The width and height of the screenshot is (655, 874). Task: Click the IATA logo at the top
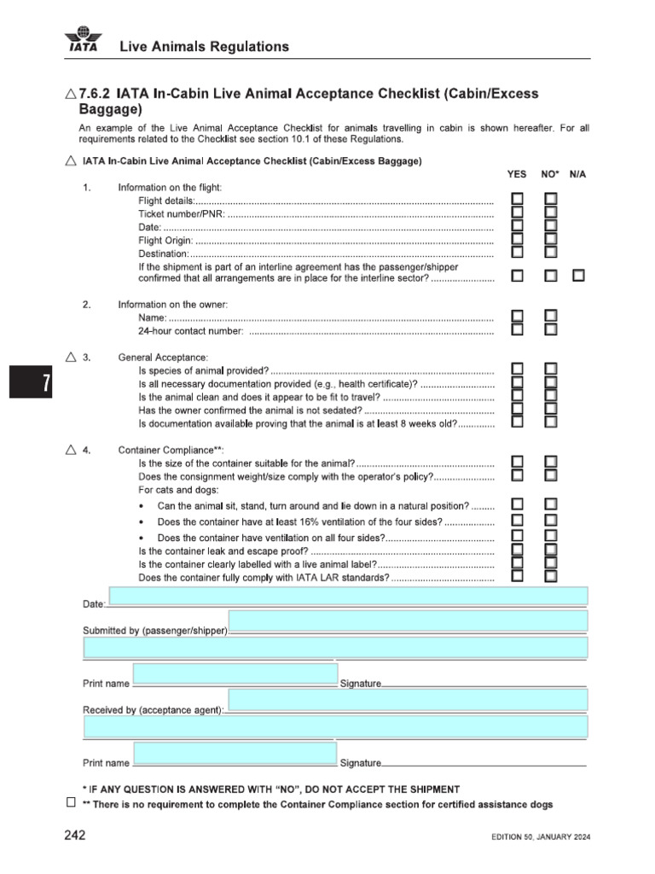[83, 41]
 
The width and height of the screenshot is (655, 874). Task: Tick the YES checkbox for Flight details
[518, 199]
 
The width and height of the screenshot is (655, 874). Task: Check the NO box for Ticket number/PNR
[551, 213]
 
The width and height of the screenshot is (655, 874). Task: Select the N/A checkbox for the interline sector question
[579, 276]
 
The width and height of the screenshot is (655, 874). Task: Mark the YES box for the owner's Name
[518, 317]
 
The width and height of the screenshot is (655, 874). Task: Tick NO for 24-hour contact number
[551, 329]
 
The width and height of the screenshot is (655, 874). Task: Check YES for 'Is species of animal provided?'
[518, 369]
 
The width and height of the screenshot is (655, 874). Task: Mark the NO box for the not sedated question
[551, 409]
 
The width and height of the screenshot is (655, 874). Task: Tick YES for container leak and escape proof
[518, 550]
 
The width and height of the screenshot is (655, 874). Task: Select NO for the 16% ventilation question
[551, 520]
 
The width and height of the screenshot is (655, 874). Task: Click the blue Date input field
[348, 596]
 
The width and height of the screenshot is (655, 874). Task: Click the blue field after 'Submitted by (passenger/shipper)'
[408, 621]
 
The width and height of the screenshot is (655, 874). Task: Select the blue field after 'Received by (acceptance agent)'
[408, 700]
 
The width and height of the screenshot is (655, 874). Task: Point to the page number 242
[75, 836]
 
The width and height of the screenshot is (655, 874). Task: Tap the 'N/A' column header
[577, 173]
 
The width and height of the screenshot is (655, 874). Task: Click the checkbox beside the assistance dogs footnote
[71, 803]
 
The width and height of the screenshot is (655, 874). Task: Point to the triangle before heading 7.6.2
[70, 93]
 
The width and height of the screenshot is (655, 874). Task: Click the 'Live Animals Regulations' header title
[204, 46]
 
